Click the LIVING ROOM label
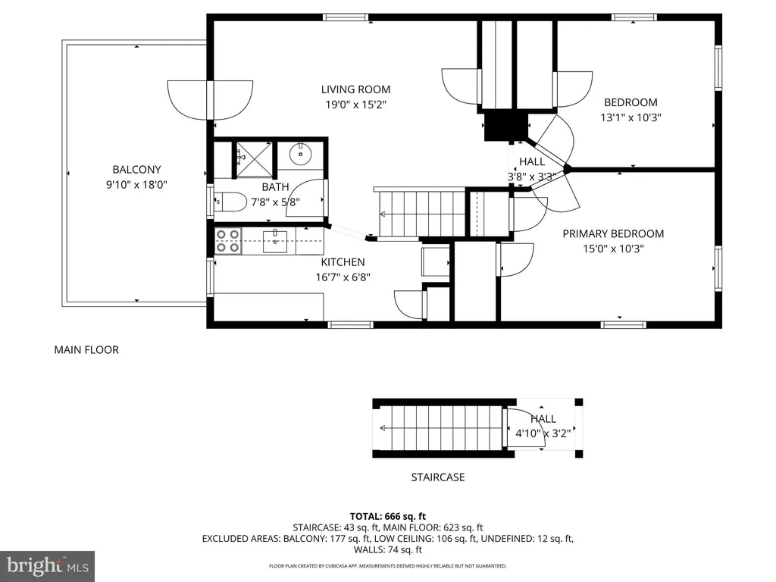tap(355, 89)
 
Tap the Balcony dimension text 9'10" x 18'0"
tap(136, 184)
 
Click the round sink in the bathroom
tap(301, 155)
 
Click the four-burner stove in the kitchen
tap(228, 241)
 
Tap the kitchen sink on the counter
tap(274, 241)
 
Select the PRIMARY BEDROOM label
tap(612, 233)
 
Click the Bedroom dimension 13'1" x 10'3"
tap(630, 117)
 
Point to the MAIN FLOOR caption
tap(86, 350)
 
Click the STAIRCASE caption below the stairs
tap(437, 477)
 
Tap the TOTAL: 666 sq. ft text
tap(387, 515)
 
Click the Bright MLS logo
tap(47, 565)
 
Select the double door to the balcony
tap(208, 100)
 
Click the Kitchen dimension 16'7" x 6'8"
tap(343, 277)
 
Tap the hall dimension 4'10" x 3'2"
tap(543, 433)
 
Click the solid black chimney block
tap(499, 125)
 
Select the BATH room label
tap(275, 186)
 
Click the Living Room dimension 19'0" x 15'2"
tap(355, 105)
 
